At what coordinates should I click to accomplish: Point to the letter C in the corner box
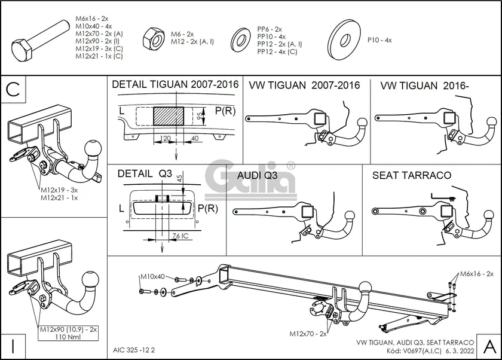14,89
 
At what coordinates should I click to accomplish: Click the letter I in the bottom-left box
14,346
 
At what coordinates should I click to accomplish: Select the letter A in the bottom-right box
488,345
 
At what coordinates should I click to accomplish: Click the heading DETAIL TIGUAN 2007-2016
175,85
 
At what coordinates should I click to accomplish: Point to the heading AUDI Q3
257,176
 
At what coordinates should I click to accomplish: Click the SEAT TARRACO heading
411,176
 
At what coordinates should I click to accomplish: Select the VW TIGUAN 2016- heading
424,86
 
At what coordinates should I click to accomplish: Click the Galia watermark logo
251,178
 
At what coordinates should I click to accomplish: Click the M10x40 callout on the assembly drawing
152,276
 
